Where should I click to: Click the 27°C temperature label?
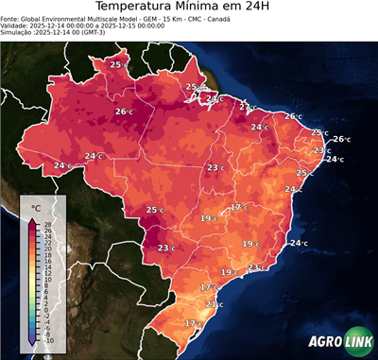(x=246, y=107)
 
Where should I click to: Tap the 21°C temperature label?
(x=214, y=304)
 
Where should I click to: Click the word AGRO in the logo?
(x=324, y=341)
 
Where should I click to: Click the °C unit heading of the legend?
(x=36, y=207)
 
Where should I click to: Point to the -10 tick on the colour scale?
(x=49, y=339)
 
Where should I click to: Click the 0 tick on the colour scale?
(x=46, y=309)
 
